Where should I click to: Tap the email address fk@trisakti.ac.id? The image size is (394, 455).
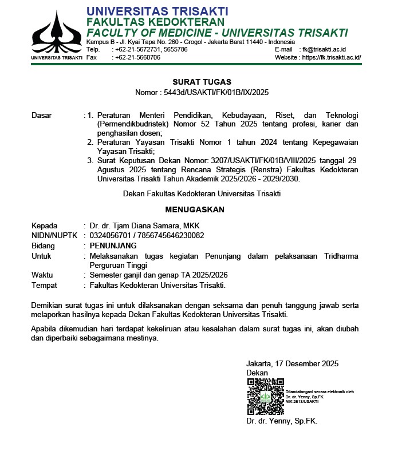pos(324,49)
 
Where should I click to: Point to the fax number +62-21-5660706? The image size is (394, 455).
pos(137,57)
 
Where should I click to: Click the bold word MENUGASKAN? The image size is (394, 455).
pos(195,209)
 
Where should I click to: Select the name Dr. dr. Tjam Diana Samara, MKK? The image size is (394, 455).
pos(144,225)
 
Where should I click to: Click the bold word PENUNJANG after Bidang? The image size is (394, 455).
pos(113,246)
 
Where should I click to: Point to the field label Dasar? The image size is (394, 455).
pos(41,115)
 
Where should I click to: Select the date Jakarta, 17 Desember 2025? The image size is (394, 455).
pos(292,363)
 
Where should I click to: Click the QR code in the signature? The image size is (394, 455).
pos(265,397)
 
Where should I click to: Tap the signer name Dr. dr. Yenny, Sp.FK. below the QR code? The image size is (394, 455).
pos(281,421)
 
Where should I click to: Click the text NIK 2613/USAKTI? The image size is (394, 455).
pos(302,401)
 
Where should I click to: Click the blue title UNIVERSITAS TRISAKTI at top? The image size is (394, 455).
pos(157,11)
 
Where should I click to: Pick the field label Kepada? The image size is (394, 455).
pos(44,225)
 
